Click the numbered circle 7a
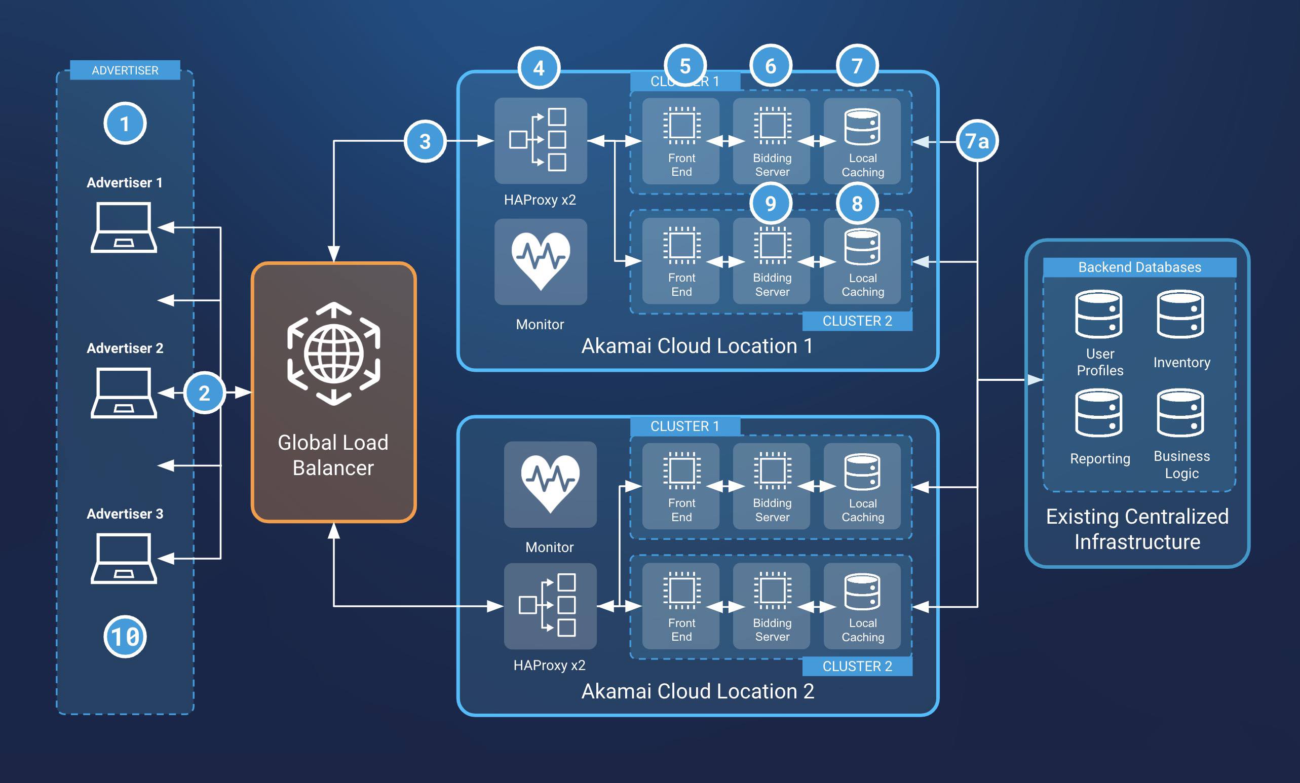pyautogui.click(x=977, y=141)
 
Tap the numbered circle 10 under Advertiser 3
pyautogui.click(x=125, y=637)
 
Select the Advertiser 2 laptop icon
pyautogui.click(x=124, y=393)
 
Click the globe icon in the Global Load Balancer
pyautogui.click(x=333, y=354)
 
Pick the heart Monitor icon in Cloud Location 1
pyautogui.click(x=540, y=261)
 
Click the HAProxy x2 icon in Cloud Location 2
pyautogui.click(x=550, y=605)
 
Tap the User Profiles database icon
pyautogui.click(x=1098, y=314)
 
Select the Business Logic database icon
pyautogui.click(x=1180, y=413)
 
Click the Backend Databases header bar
pyautogui.click(x=1139, y=267)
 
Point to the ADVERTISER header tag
pyautogui.click(x=125, y=70)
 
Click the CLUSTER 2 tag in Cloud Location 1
pyautogui.click(x=857, y=321)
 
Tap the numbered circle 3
pyautogui.click(x=425, y=141)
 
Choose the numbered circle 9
pyautogui.click(x=770, y=204)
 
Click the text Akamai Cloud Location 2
pyautogui.click(x=698, y=691)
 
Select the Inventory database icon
pyautogui.click(x=1180, y=314)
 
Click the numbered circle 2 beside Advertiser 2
pyautogui.click(x=204, y=393)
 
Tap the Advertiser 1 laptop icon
pyautogui.click(x=124, y=227)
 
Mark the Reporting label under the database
pyautogui.click(x=1099, y=459)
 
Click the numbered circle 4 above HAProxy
pyautogui.click(x=539, y=68)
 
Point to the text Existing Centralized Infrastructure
pyautogui.click(x=1137, y=529)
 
